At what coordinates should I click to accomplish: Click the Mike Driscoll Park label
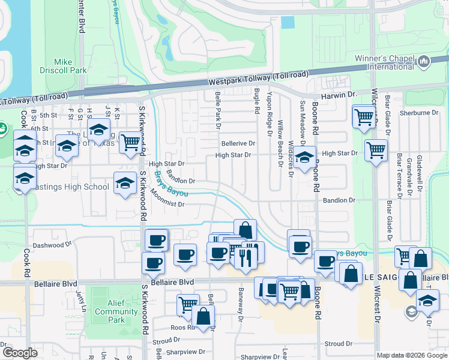(70, 66)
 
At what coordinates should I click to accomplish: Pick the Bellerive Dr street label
(238, 144)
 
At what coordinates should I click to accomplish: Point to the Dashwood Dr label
(52, 245)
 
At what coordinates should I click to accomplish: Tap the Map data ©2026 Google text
(411, 355)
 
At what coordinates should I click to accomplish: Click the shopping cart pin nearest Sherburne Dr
(364, 117)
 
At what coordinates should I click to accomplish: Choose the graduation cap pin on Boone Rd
(305, 157)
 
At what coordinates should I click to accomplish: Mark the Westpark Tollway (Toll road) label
(259, 78)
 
